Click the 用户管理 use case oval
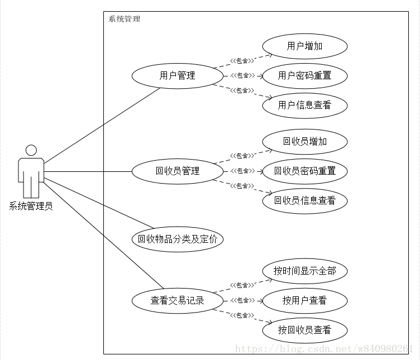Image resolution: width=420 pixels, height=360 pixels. (x=177, y=75)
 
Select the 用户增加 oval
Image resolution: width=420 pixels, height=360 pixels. (x=304, y=46)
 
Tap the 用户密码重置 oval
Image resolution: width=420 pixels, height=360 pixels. (x=304, y=75)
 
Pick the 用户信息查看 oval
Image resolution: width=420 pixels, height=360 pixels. (x=304, y=105)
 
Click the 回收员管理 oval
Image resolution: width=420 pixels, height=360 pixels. (x=177, y=171)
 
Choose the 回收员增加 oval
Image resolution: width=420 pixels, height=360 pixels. (x=304, y=141)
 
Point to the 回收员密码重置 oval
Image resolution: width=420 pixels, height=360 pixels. (x=304, y=171)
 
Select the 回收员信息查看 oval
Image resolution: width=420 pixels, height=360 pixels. (x=304, y=200)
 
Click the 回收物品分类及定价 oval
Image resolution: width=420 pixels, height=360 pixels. (x=177, y=239)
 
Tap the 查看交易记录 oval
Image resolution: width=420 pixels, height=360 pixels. (x=177, y=301)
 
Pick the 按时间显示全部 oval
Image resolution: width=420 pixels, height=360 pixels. (x=304, y=271)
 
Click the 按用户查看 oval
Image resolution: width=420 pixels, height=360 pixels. (x=304, y=301)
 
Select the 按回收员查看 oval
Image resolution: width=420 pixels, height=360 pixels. (x=304, y=330)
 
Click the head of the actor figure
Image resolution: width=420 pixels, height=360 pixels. (x=31, y=150)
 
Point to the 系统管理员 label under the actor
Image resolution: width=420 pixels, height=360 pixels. (x=31, y=207)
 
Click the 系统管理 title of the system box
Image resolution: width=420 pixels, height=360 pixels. (x=124, y=19)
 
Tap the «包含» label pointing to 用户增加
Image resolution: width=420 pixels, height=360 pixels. (x=242, y=60)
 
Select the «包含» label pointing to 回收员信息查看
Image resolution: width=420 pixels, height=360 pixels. (x=242, y=186)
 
